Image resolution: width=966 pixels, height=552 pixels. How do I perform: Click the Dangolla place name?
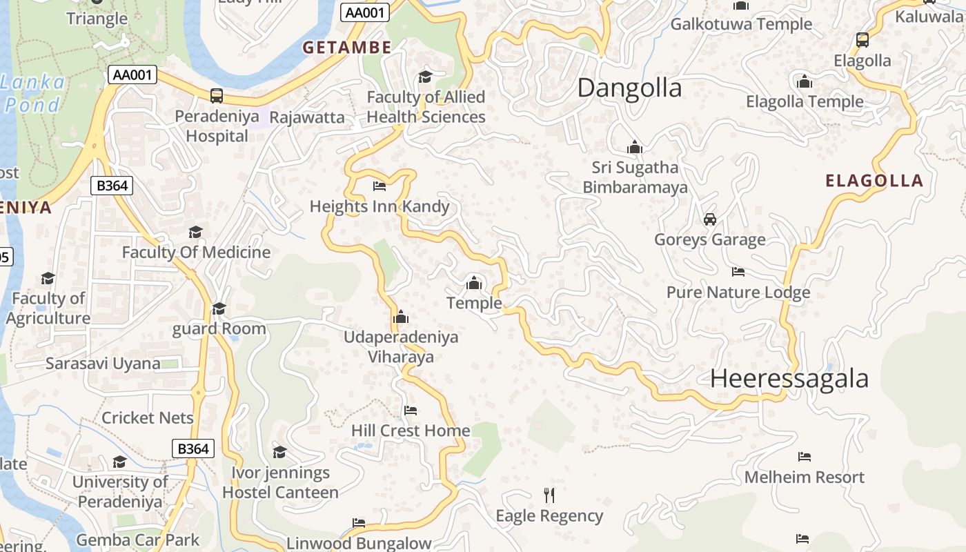(x=629, y=88)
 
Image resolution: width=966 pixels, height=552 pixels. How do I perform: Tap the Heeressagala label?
(x=789, y=379)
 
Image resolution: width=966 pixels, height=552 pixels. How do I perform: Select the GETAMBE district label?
(x=347, y=48)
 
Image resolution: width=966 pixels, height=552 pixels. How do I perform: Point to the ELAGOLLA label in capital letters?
(x=874, y=181)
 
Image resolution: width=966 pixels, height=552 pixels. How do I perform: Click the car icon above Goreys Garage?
(x=709, y=219)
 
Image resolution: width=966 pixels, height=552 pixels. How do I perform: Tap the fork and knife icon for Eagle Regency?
(x=549, y=495)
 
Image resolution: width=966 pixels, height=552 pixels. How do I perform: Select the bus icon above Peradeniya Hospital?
(x=217, y=96)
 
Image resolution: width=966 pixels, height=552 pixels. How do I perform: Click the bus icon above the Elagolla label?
(x=862, y=40)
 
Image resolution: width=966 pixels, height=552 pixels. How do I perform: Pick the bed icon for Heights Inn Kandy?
(x=379, y=186)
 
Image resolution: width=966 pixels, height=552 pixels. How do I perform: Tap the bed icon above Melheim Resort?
(x=804, y=456)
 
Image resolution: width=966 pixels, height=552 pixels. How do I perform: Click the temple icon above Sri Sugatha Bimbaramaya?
(x=635, y=147)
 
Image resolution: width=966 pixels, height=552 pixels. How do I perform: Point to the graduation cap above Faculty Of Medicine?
(x=196, y=232)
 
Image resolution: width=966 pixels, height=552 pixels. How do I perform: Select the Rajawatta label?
(x=307, y=117)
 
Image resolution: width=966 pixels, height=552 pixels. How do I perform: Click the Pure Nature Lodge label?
(x=738, y=293)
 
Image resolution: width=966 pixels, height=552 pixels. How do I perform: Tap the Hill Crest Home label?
(x=411, y=431)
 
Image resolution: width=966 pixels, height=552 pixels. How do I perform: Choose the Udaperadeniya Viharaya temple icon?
(x=400, y=317)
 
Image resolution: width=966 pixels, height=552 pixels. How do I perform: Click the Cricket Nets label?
(x=148, y=418)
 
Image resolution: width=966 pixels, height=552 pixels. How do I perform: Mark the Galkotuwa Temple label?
(x=741, y=24)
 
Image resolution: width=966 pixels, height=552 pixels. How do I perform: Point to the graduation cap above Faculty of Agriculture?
(x=48, y=278)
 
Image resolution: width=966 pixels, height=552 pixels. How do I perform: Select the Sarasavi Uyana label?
(x=103, y=364)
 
